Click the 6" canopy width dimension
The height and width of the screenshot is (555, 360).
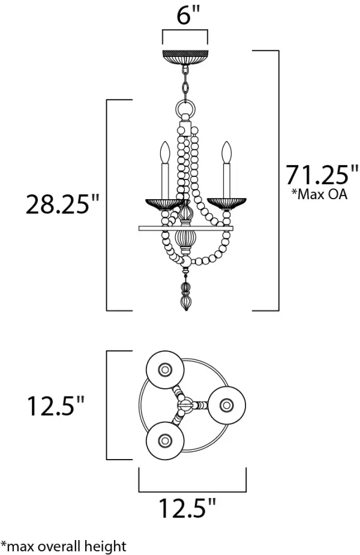188,15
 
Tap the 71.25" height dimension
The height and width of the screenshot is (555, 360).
322,175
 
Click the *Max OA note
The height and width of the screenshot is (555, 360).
319,194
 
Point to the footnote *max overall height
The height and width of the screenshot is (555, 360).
64,546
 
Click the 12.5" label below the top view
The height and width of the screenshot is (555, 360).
187,508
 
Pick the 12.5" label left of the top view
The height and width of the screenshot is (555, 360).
56,406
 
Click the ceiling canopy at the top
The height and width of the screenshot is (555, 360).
185,58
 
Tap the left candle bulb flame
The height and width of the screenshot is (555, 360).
164,152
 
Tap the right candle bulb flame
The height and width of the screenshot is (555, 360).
227,152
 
